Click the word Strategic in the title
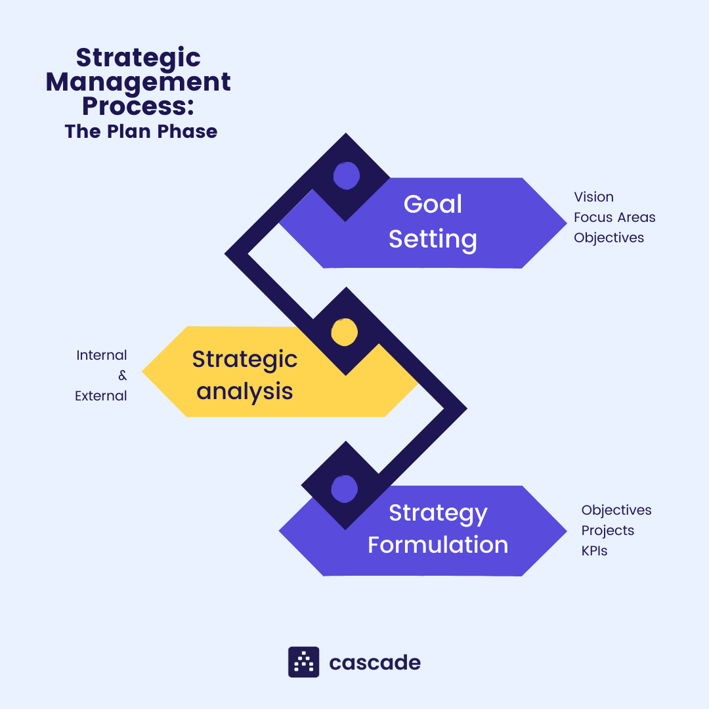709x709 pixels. point(138,58)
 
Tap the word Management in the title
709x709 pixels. point(138,83)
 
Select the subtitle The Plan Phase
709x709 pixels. point(140,131)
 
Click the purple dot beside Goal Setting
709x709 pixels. point(346,175)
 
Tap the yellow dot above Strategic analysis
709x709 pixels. point(344,332)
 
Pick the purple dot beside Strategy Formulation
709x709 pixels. point(345,488)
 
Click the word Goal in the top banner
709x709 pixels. point(433,204)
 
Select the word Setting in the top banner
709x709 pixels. point(433,238)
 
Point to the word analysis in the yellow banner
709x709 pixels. point(245,391)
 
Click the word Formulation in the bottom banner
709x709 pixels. point(438,545)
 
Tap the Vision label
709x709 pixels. point(593,197)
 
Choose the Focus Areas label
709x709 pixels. point(614,217)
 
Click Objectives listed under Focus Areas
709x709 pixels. point(609,238)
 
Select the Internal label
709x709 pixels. point(102,355)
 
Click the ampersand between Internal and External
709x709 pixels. point(122,376)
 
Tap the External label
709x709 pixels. point(101,396)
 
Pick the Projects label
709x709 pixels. point(607,530)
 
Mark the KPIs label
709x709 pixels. point(594,551)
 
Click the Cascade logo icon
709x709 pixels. point(303,662)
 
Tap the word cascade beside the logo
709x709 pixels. point(375,662)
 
